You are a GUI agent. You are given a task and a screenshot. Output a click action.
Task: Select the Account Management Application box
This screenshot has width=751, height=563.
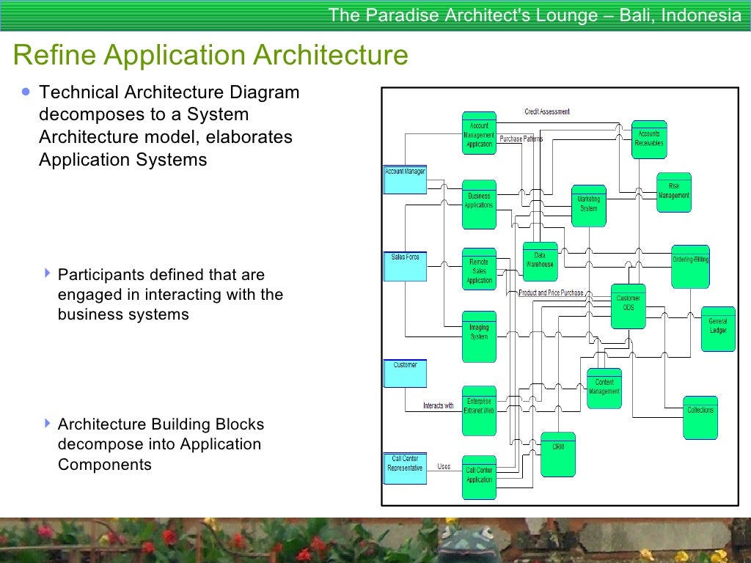[x=479, y=133]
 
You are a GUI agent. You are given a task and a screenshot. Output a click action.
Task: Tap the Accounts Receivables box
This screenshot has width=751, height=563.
[x=649, y=139]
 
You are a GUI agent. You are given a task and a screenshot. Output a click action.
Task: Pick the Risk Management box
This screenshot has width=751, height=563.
[x=673, y=192]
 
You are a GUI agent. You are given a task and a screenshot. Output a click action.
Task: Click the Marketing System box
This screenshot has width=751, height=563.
[x=588, y=205]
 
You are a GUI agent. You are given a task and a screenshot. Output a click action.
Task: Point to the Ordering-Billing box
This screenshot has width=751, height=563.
[x=690, y=265]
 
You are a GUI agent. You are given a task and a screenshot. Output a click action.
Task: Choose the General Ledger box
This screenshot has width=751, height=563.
[x=717, y=328]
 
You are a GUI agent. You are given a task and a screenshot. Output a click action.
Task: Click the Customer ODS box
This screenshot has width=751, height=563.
[x=628, y=306]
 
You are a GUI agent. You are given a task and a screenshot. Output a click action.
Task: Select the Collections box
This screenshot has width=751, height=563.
[x=700, y=417]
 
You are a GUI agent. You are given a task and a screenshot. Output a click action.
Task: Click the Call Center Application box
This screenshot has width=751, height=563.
[x=479, y=477]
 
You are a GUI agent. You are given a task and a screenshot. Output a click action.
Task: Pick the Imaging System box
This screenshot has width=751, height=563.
[x=479, y=336]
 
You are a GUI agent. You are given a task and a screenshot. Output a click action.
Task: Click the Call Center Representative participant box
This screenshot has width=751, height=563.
[x=405, y=468]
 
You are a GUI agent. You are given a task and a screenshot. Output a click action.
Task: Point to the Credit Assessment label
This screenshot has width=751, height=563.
[x=547, y=112]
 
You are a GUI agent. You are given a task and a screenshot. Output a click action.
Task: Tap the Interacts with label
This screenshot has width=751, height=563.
[x=438, y=405]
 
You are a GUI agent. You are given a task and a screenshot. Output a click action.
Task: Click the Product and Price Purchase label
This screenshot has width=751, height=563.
[x=551, y=292]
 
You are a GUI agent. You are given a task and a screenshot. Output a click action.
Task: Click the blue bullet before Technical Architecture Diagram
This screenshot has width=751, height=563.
[x=26, y=92]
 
